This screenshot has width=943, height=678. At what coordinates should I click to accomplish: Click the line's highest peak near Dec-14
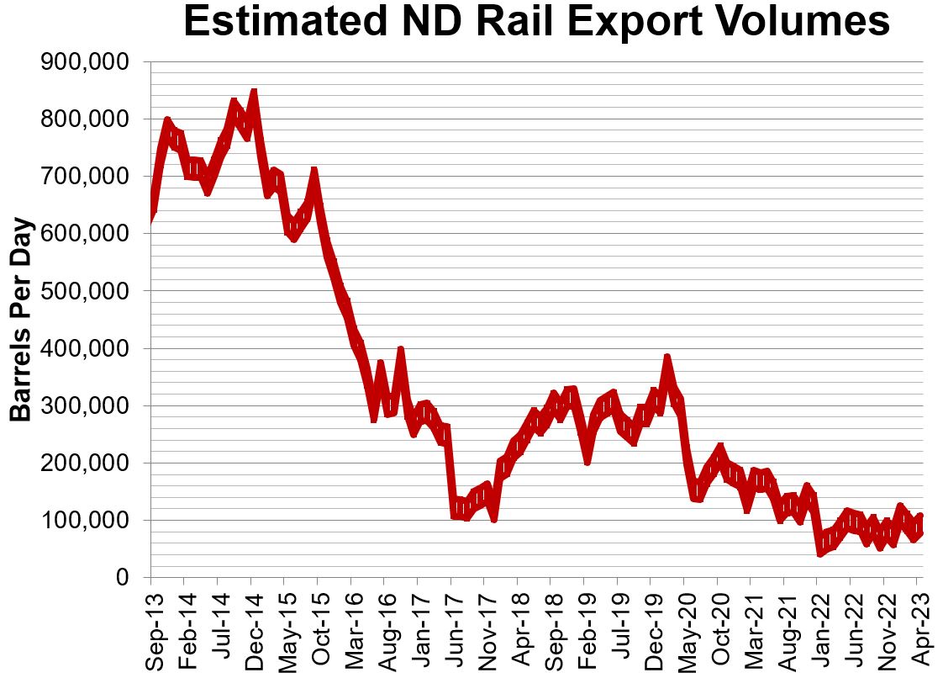[x=253, y=93]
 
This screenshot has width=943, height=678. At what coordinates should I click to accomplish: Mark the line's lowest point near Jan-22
[x=820, y=552]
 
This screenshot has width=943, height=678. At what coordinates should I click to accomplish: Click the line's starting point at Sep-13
[x=151, y=219]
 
